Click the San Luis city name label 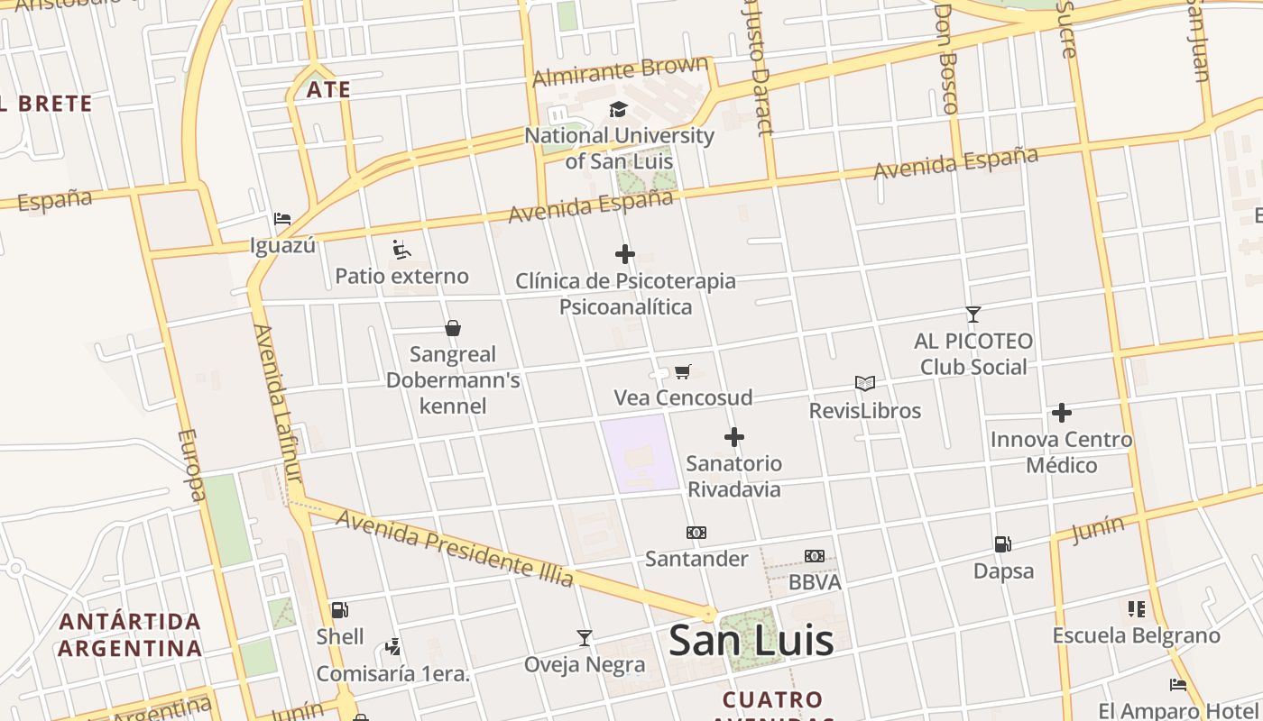point(751,641)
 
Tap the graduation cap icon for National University point(618,110)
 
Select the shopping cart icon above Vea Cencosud point(683,371)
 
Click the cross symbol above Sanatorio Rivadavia point(734,437)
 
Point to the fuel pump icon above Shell point(339,610)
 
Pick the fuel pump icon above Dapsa point(1002,544)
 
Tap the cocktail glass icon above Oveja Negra point(585,638)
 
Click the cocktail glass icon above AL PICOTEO point(973,315)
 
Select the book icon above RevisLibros point(864,384)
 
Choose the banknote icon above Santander point(696,533)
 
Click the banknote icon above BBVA point(814,556)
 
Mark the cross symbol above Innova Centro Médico point(1061,413)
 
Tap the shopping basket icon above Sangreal point(453,328)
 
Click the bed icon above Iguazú point(282,218)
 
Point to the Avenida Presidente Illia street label point(456,544)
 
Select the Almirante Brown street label point(621,70)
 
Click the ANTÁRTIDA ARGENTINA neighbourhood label point(130,634)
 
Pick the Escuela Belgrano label point(1136,635)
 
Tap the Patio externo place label point(401,276)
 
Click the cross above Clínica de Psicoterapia point(624,254)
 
